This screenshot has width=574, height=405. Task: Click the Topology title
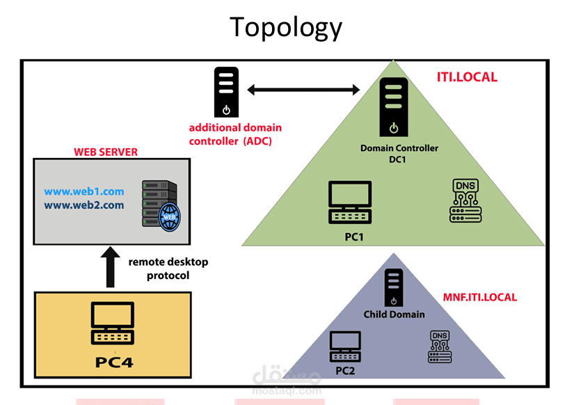pos(285,27)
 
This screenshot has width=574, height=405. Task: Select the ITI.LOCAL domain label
pos(467,77)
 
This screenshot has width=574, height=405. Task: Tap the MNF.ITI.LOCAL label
pos(480,297)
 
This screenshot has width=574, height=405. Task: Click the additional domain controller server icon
pos(226,92)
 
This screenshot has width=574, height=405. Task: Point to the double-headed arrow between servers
pos(303,89)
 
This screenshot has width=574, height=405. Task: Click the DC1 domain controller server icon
pos(394,107)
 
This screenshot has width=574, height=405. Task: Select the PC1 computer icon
pos(350,202)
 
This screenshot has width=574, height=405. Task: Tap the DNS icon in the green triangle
pos(465,200)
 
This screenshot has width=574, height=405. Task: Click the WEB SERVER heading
pos(106,152)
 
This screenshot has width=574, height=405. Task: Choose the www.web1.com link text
pos(83,191)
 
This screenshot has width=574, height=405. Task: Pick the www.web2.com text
pos(83,205)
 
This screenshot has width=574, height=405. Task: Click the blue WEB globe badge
pos(170,217)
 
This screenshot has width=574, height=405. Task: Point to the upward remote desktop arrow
pos(110,267)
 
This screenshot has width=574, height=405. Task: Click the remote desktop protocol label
pos(168,269)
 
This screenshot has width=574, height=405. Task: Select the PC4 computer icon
pos(113,323)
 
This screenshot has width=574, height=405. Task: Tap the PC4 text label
pos(114,362)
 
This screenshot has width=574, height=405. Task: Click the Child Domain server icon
pos(394,287)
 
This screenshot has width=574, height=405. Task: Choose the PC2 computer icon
pos(345,347)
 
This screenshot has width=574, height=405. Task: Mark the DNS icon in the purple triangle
pos(440,347)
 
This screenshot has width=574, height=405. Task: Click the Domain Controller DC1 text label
pos(399,153)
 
